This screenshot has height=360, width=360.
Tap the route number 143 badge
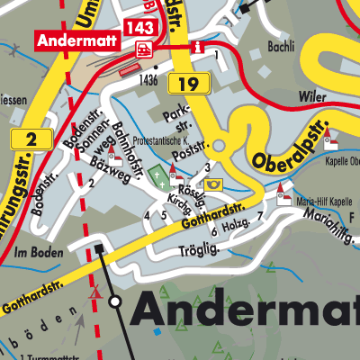click(x=141, y=28)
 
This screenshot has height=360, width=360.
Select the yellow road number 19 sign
click(x=194, y=85)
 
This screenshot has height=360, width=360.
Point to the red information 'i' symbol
click(x=199, y=46)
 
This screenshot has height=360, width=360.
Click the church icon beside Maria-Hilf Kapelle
click(x=283, y=191)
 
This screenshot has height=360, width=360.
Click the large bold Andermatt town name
click(x=245, y=311)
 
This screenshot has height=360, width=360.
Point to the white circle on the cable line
click(x=115, y=301)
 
